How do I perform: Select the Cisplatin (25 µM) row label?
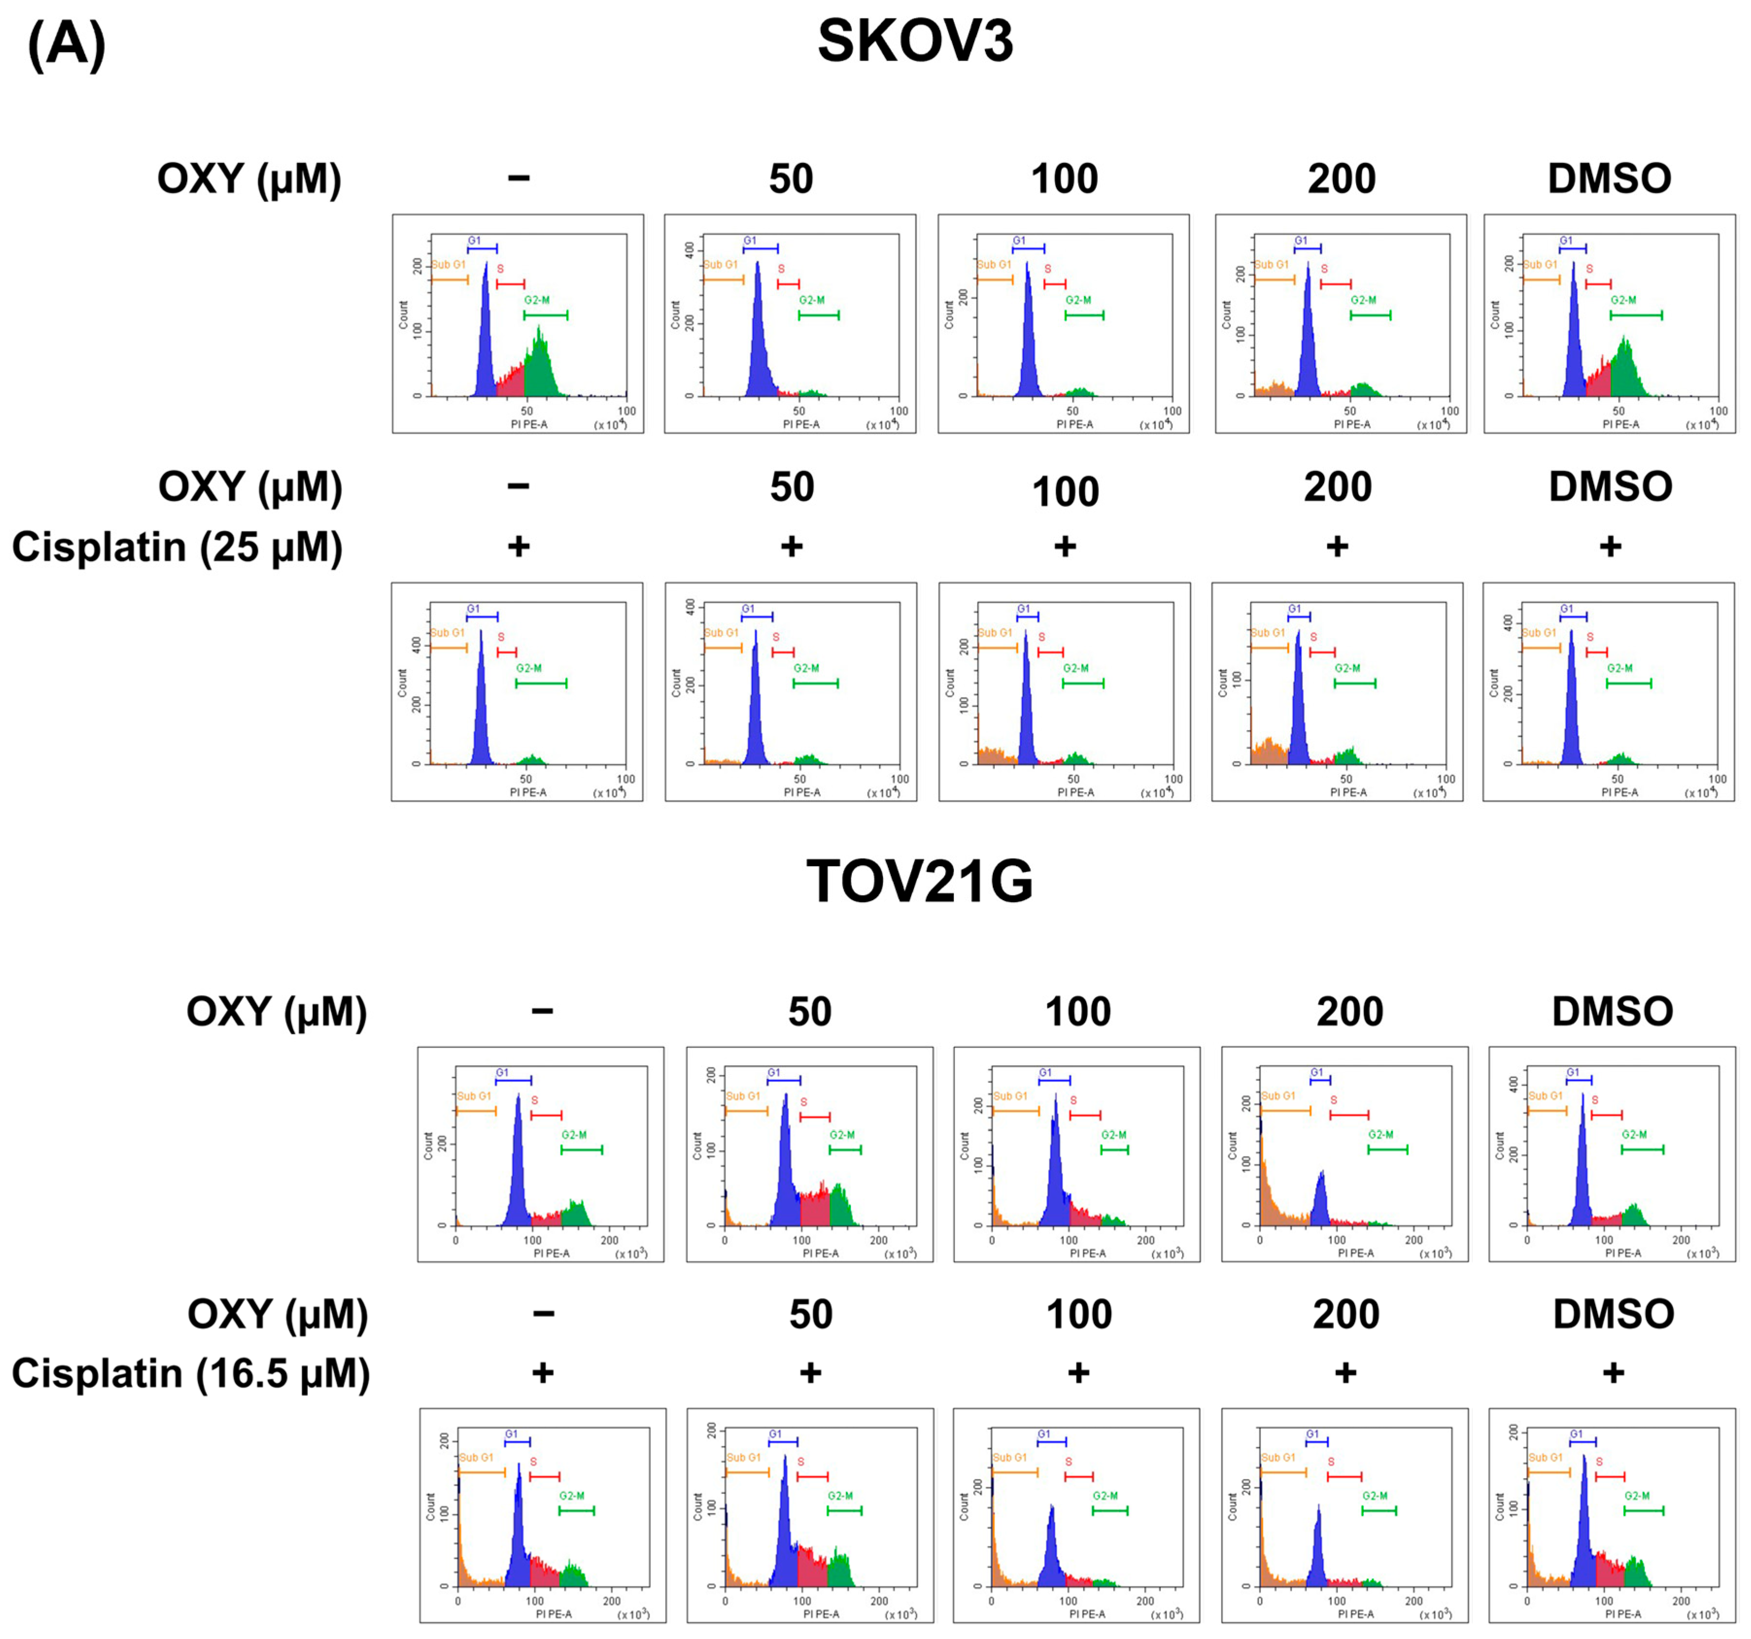pos(176,547)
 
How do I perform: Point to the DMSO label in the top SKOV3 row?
pos(1609,179)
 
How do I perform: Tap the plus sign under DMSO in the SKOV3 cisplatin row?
pos(1610,547)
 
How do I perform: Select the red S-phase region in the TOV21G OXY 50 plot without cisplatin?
pos(815,1207)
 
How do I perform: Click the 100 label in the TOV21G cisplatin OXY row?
pos(1078,1314)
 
